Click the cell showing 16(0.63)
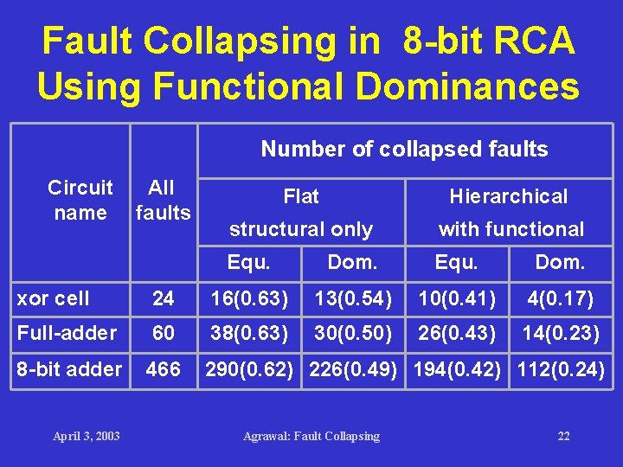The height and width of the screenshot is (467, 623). tap(250, 299)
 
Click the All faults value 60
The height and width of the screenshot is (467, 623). tap(163, 333)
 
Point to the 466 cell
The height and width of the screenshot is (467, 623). tap(163, 369)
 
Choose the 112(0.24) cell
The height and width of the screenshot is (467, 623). tap(561, 369)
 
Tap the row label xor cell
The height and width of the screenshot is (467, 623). tap(54, 299)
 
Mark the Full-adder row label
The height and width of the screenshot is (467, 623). tap(67, 333)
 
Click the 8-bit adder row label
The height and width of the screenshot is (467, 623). tap(70, 369)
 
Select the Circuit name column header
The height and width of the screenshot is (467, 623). tap(80, 200)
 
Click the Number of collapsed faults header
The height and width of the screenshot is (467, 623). tap(404, 150)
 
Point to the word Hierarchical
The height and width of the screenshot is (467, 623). tap(509, 196)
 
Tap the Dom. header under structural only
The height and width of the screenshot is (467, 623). tap(352, 261)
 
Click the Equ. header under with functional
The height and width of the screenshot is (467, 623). tap(456, 261)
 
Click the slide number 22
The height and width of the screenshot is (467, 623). tap(563, 436)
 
